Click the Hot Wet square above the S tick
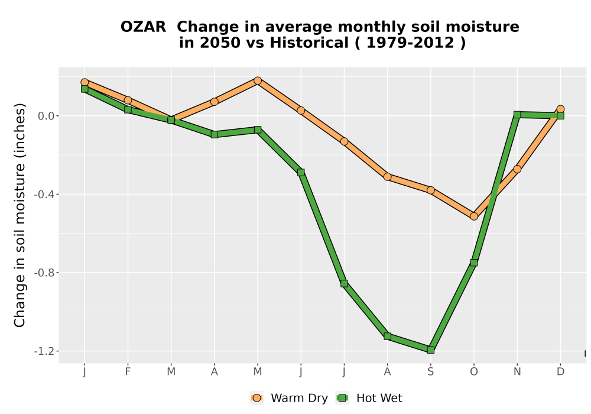tap(430, 350)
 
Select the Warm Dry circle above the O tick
tap(474, 216)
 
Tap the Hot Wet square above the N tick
tap(517, 115)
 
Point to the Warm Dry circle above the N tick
tap(517, 169)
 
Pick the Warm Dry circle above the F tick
tap(128, 101)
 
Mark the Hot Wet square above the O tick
tap(474, 263)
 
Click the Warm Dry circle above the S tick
tap(430, 190)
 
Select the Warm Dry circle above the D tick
tap(560, 109)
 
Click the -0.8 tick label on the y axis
tap(44, 273)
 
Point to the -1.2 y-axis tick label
tap(44, 351)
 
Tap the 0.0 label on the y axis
tap(46, 116)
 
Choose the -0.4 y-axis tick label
tap(44, 195)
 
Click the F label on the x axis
tap(128, 372)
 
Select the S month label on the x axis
tap(430, 372)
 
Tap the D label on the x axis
tap(560, 372)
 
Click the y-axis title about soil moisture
tap(20, 215)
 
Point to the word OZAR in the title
tap(143, 27)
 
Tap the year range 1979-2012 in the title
tap(410, 43)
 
